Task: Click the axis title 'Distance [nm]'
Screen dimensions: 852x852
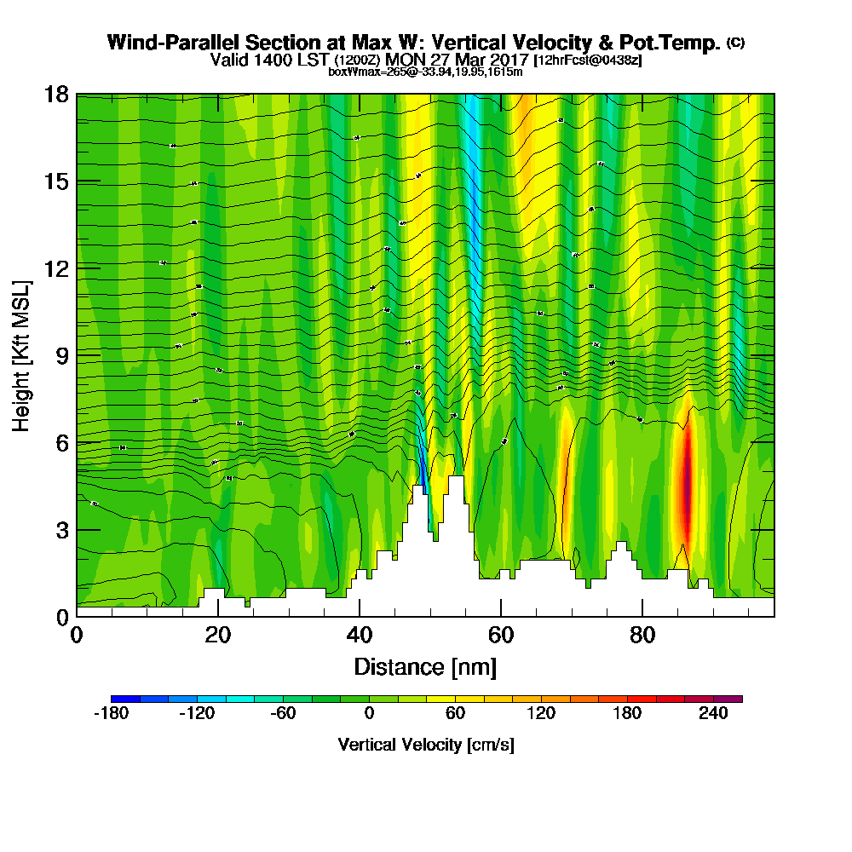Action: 425,666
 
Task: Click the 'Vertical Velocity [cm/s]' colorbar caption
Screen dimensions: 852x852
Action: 426,745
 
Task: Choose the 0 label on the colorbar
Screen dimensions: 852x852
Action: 369,714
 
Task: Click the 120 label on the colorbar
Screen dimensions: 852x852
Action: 541,714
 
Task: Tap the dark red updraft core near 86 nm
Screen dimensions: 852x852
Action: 687,486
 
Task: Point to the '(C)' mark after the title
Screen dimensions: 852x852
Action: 735,43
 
